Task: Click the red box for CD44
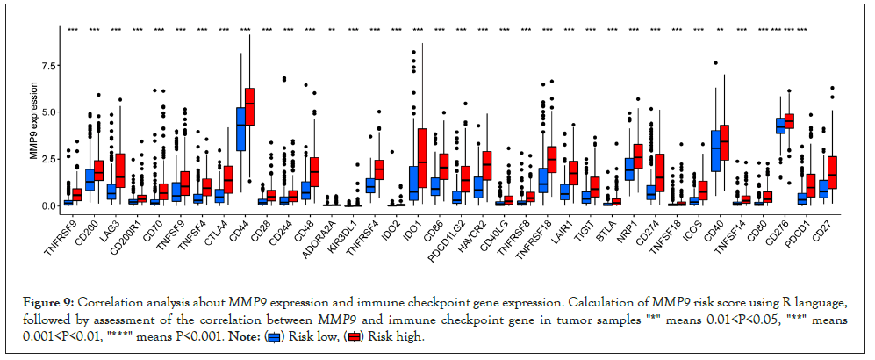[x=250, y=106]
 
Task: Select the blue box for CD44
[x=240, y=128]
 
